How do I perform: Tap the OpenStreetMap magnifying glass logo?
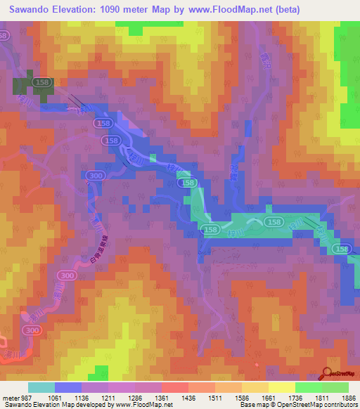tap(328, 375)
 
